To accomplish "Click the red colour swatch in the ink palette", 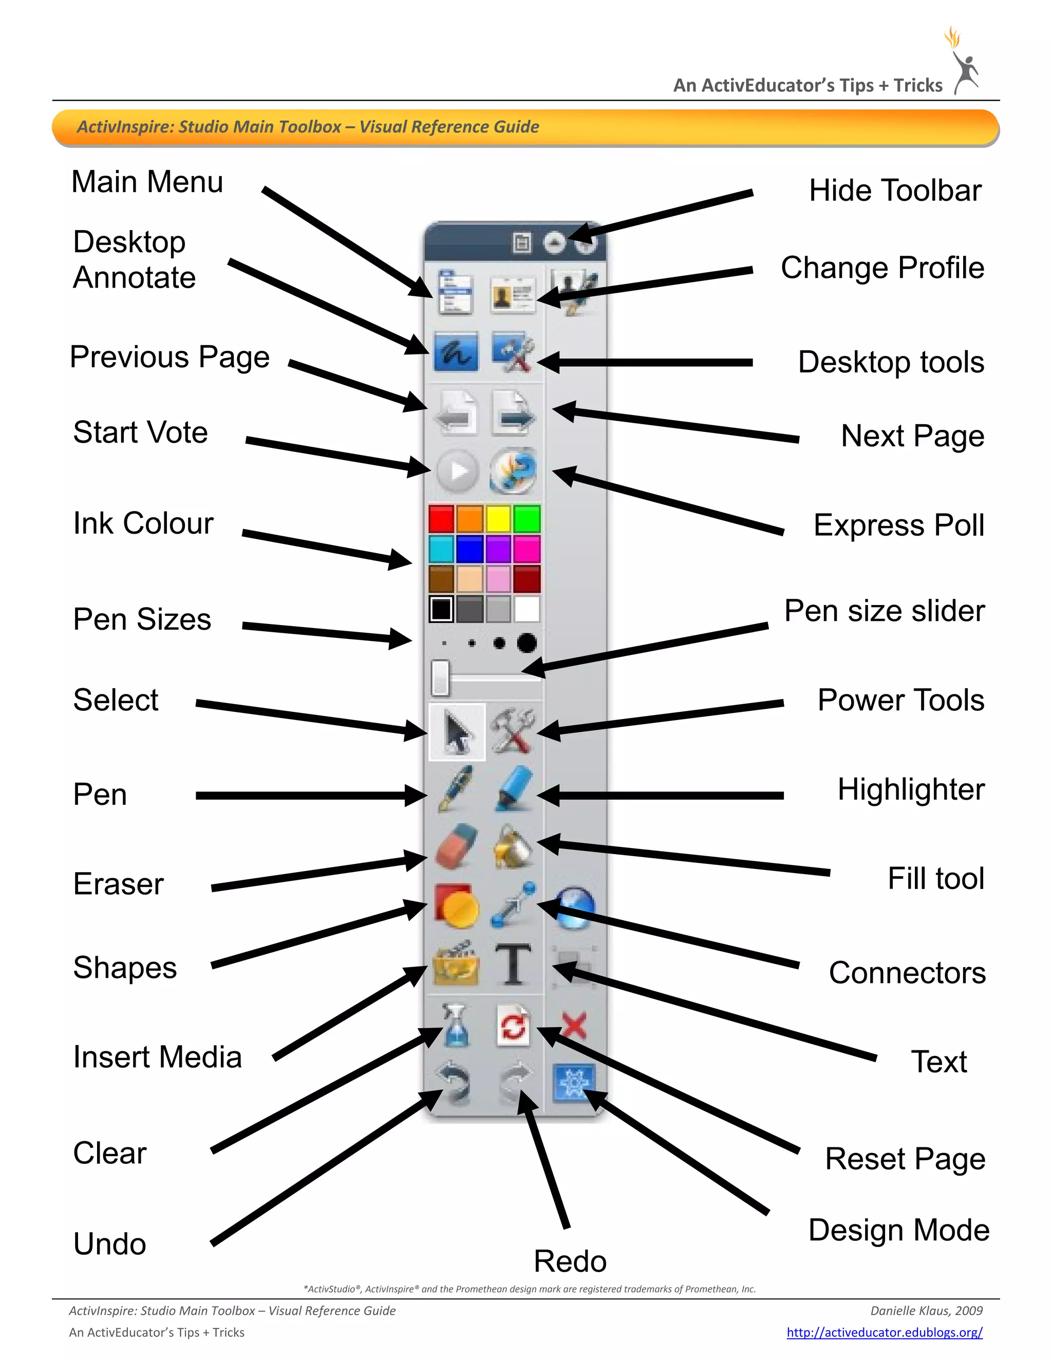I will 441,519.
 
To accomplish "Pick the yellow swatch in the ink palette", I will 498,519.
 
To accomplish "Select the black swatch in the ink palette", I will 441,609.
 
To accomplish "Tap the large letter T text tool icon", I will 513,964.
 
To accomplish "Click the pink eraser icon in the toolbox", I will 456,846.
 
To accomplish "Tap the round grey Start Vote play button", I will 458,471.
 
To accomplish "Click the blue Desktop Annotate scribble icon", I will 456,352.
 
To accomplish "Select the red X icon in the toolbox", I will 574,1026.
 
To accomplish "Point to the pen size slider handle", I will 440,677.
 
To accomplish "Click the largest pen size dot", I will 527,642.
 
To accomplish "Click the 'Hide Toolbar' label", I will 894,191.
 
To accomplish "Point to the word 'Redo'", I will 570,1261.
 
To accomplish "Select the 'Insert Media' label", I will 157,1057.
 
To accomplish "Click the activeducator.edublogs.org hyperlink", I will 884,1332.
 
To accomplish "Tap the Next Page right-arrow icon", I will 513,412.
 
